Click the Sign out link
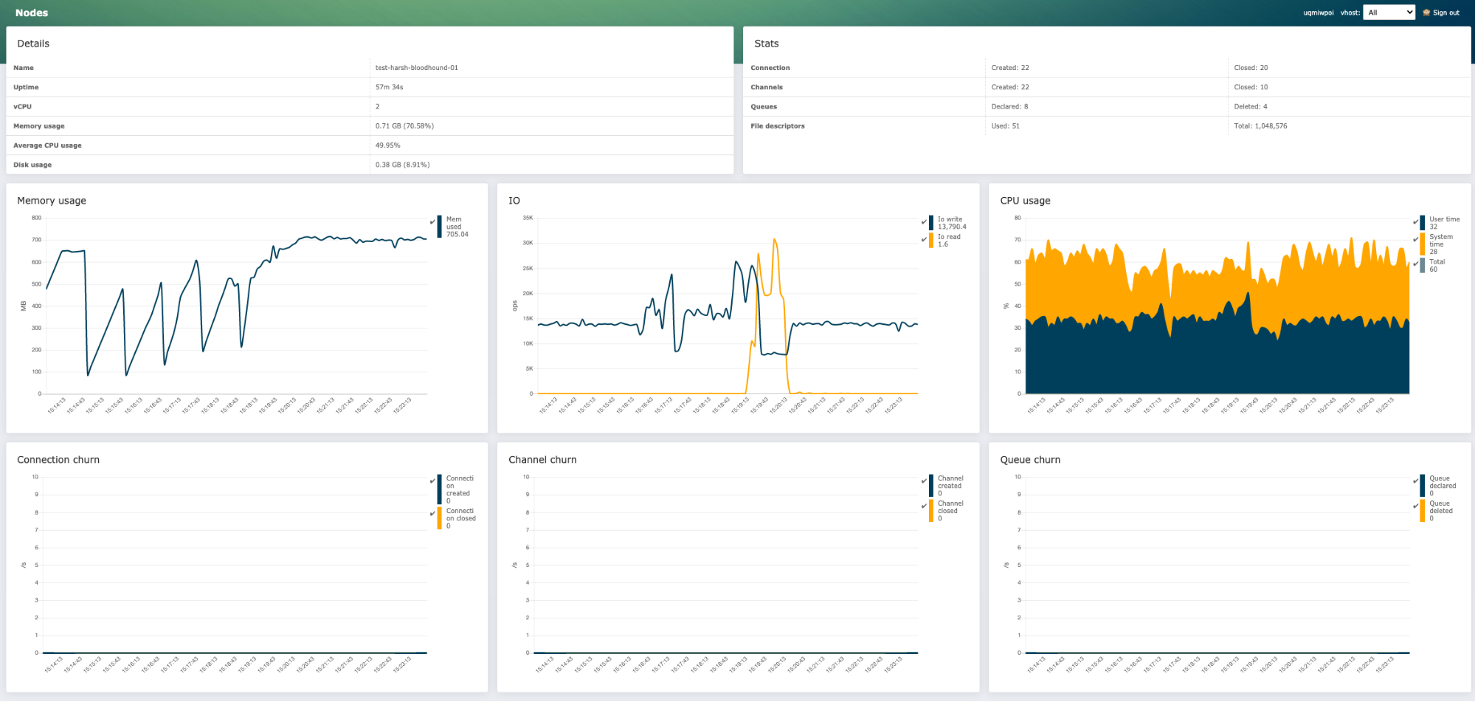[x=1445, y=13]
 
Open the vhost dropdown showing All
[x=1388, y=13]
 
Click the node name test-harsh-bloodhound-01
[x=416, y=68]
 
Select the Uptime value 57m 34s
[x=389, y=87]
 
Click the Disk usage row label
[x=32, y=165]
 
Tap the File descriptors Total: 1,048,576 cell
[x=1260, y=126]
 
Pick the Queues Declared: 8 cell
[x=1009, y=106]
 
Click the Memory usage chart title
[x=52, y=201]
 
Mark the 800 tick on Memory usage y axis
[x=36, y=218]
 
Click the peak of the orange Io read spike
[x=774, y=239]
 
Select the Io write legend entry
[x=950, y=222]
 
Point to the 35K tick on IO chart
[x=528, y=218]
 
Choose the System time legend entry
[x=1440, y=244]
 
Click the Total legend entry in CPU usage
[x=1436, y=265]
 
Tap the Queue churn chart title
[x=1030, y=460]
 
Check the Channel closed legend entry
[x=950, y=510]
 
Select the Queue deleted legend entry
[x=1440, y=510]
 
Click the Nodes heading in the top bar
[x=32, y=13]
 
